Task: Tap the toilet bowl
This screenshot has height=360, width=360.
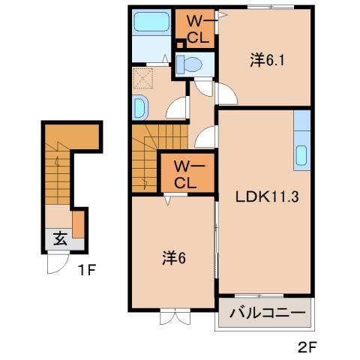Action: click(x=189, y=64)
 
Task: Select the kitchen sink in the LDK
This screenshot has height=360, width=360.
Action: click(x=301, y=155)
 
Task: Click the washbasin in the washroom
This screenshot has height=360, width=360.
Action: click(x=139, y=107)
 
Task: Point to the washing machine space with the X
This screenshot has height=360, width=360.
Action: click(x=143, y=79)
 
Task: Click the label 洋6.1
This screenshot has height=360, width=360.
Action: click(x=267, y=60)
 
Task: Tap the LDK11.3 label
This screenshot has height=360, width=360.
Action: click(x=267, y=196)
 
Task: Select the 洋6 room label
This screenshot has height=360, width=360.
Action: click(x=174, y=258)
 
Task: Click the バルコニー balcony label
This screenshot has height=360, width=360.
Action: click(x=268, y=313)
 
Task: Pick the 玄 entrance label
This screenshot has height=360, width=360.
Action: click(x=60, y=238)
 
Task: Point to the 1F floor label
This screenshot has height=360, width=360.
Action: click(x=87, y=270)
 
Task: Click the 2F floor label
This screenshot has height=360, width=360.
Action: click(x=307, y=347)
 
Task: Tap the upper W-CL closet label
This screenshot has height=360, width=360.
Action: click(x=198, y=30)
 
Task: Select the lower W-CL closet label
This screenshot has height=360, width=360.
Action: click(x=189, y=175)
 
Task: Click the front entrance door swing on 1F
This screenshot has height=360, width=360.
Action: click(x=58, y=264)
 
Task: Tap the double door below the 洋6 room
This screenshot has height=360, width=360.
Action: click(x=175, y=316)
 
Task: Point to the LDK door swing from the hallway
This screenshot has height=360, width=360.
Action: click(x=205, y=137)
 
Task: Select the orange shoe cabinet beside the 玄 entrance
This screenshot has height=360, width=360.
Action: click(x=78, y=224)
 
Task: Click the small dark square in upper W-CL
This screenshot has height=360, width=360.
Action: click(x=180, y=45)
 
